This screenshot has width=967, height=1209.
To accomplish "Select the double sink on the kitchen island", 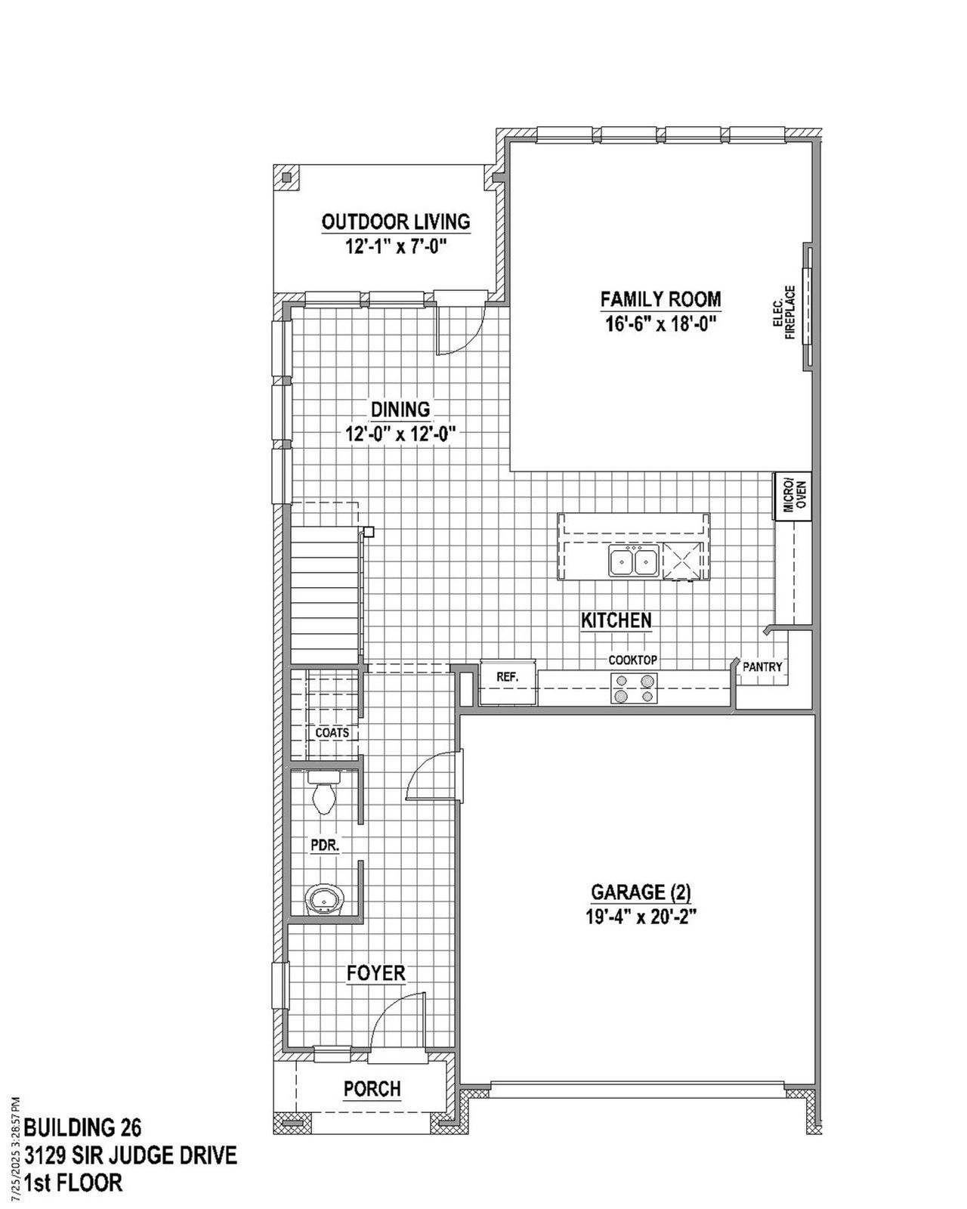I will click(x=633, y=562).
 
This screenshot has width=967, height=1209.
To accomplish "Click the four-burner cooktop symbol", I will click(x=633, y=688).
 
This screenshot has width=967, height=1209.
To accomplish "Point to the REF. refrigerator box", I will click(x=508, y=678).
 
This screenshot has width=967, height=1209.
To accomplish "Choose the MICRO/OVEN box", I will click(x=792, y=496).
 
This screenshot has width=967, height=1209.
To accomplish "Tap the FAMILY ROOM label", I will click(x=660, y=299).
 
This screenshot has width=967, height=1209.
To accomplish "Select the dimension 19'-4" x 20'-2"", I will click(x=641, y=917).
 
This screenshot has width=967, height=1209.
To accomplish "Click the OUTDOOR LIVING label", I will click(x=396, y=222).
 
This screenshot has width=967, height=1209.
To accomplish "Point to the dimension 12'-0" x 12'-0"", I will click(x=400, y=434).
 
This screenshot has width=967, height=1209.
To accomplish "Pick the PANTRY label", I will click(x=762, y=667).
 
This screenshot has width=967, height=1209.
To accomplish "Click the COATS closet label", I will click(x=332, y=733).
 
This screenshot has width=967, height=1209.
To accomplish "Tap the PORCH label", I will click(x=372, y=1089).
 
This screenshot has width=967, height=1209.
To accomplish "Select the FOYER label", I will click(x=375, y=973).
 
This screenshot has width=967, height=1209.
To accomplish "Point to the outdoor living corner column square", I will click(x=286, y=179).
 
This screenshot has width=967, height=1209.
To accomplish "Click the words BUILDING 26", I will click(x=82, y=1127).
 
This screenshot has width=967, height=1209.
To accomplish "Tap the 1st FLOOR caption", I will click(x=73, y=1183).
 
